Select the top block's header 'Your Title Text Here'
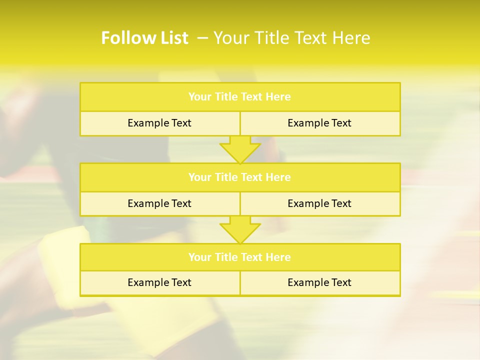(x=239, y=97)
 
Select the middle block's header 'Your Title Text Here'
(x=239, y=177)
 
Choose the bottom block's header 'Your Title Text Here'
(x=239, y=257)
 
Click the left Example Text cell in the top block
(x=159, y=123)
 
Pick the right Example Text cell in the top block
(x=319, y=123)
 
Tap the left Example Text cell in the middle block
(x=159, y=203)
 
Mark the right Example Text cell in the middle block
(x=319, y=203)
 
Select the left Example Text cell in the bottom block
(x=159, y=282)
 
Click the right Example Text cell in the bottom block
(x=319, y=282)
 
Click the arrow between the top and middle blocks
(x=240, y=149)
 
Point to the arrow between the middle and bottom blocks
(x=240, y=229)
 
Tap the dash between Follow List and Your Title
(x=202, y=38)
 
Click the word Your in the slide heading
(x=228, y=38)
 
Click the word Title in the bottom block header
(x=225, y=257)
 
